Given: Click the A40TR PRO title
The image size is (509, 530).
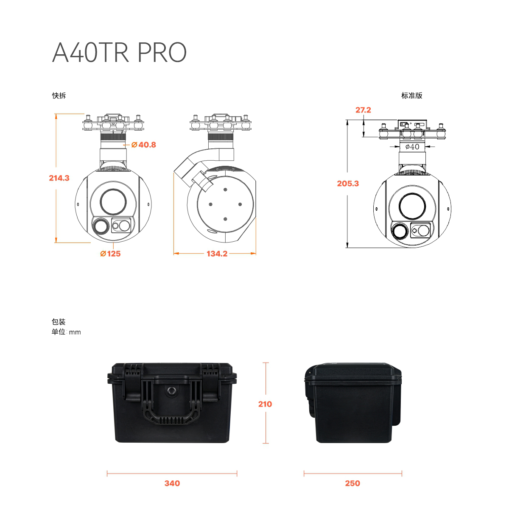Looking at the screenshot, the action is [119, 52].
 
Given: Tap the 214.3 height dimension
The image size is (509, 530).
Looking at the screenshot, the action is [59, 178].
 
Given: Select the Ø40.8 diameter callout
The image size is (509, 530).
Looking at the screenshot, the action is [144, 145].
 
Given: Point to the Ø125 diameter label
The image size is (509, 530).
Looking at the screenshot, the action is [110, 254].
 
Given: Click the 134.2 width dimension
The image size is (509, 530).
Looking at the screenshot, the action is [217, 254].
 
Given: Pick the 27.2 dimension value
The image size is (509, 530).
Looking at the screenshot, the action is [363, 110].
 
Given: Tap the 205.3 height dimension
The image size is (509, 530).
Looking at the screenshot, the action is [348, 183].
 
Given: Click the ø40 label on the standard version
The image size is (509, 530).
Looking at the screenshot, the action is [412, 147].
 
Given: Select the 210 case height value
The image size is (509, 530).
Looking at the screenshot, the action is [265, 404].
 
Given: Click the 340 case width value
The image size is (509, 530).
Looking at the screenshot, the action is [172, 483].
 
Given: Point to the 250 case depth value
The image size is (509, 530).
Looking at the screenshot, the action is [352, 483].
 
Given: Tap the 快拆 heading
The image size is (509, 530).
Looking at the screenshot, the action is [59, 95].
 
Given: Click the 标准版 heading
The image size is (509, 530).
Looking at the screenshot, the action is [412, 95].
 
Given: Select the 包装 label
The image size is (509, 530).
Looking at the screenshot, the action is [59, 322].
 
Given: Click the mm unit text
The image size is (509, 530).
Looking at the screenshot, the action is [75, 332].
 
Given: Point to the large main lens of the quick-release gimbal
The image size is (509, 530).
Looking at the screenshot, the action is [113, 202].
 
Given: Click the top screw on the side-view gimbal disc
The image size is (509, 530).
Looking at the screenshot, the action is [225, 190].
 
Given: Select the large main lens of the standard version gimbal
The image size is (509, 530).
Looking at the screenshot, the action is [412, 206].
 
